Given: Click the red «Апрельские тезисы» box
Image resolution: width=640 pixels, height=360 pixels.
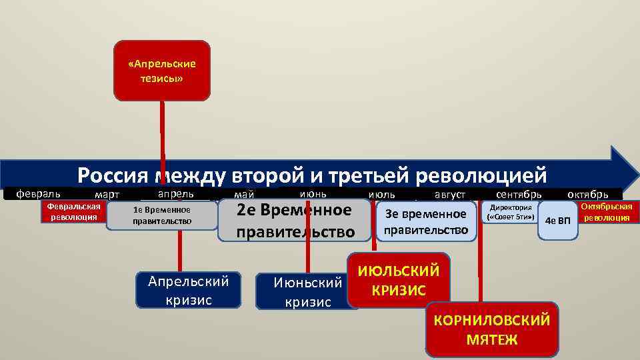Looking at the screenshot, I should [x=162, y=71].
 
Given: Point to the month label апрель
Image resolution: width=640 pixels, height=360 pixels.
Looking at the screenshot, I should [x=175, y=193].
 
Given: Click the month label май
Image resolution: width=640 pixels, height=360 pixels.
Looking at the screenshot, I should [x=243, y=195].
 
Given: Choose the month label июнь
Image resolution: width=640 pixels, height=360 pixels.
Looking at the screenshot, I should [x=313, y=193].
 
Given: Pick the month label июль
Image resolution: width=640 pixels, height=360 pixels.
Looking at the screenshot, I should [x=381, y=195].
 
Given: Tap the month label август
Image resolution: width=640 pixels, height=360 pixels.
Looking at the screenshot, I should [x=450, y=195].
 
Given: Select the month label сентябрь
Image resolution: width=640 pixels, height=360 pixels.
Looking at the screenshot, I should [x=519, y=195].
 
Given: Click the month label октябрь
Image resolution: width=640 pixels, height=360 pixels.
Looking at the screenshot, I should [x=587, y=195].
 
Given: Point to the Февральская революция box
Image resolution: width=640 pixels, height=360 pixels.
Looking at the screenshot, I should [x=72, y=211].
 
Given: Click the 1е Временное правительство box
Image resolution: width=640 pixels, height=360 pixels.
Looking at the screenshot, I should [x=162, y=215].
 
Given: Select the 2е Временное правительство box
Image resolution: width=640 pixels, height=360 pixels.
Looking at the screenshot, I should [x=295, y=221].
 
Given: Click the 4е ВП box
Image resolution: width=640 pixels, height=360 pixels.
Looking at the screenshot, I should [x=557, y=220].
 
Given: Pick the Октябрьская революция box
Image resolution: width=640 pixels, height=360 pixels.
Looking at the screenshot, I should [x=606, y=212].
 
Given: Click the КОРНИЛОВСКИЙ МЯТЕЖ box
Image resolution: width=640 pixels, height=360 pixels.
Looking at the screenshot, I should [x=491, y=329].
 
